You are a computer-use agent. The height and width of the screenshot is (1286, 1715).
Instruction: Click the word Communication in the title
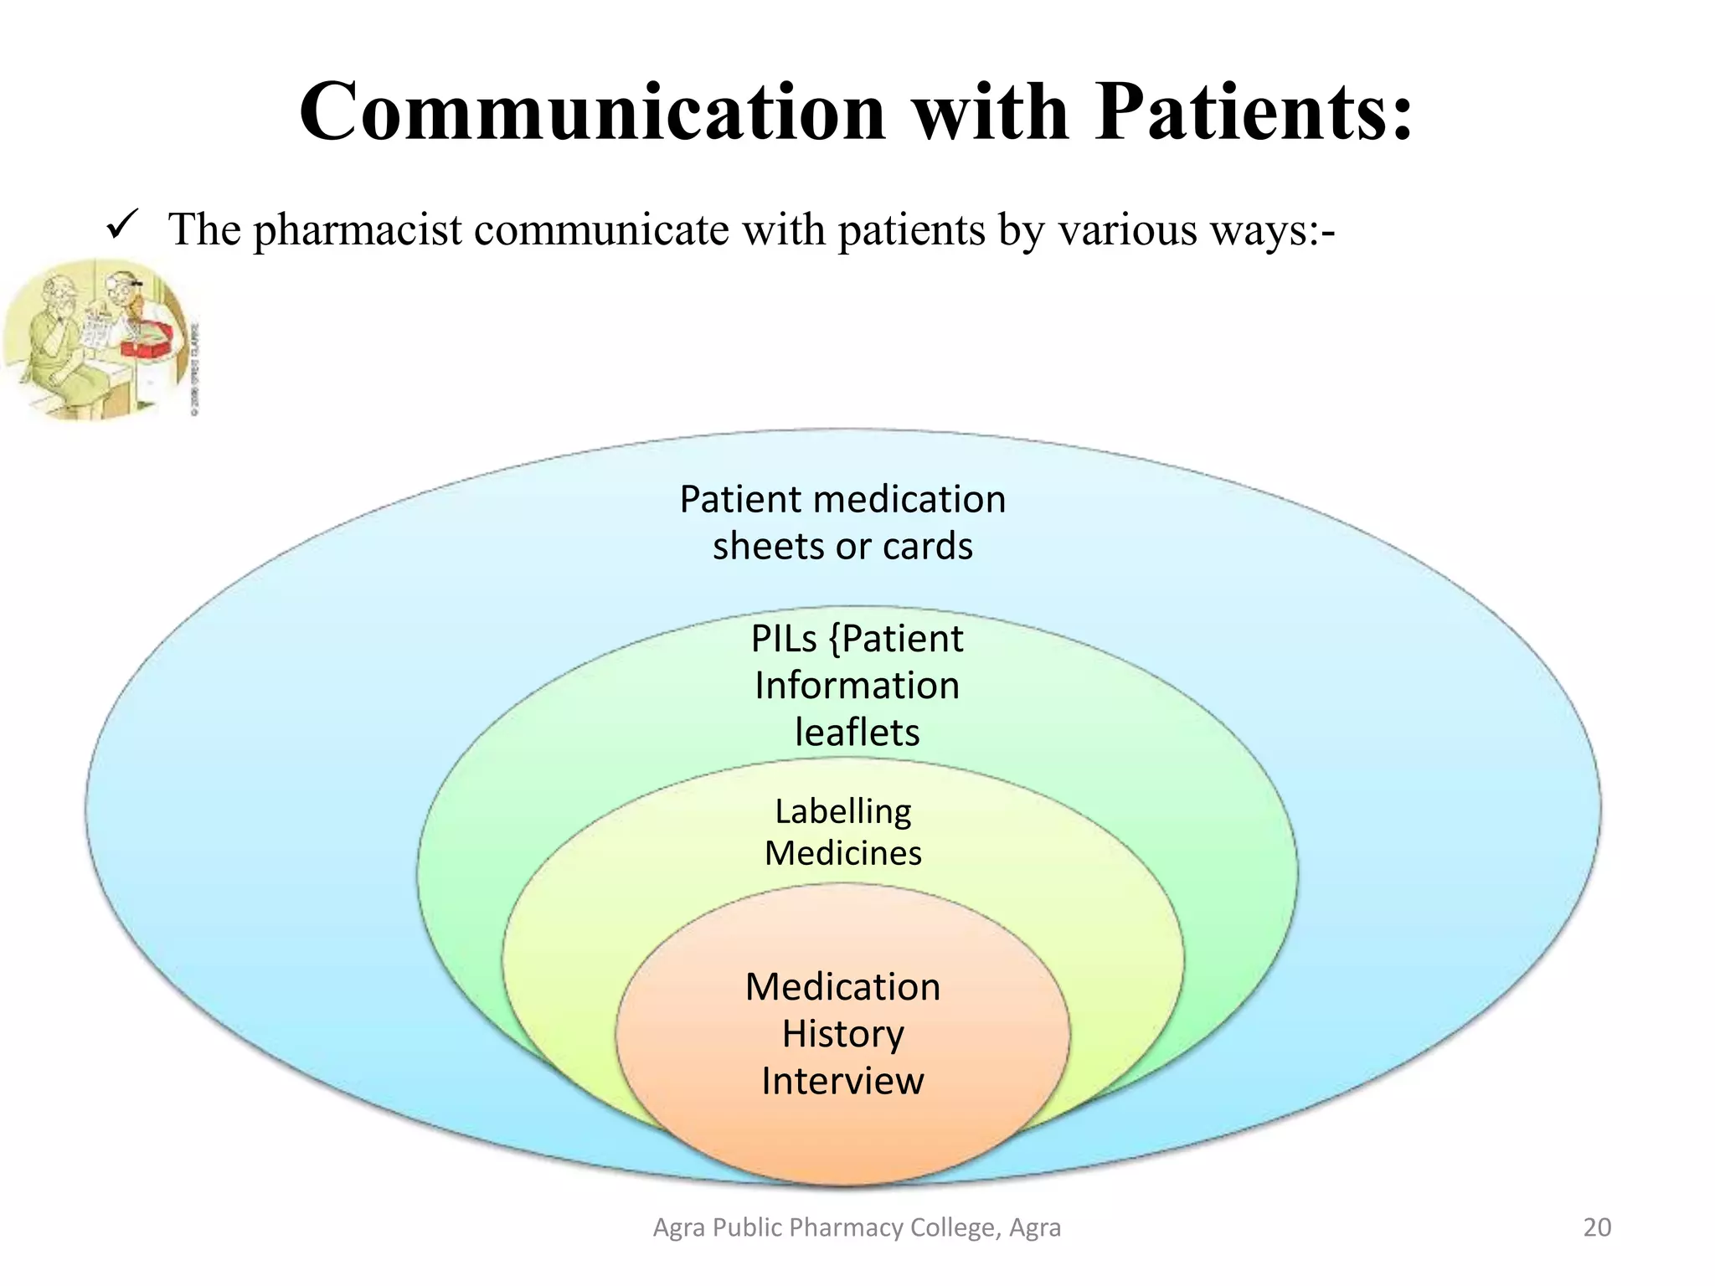591,113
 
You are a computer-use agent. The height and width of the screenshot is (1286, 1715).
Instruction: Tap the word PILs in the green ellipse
783,640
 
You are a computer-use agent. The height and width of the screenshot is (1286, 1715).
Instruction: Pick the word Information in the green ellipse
856,686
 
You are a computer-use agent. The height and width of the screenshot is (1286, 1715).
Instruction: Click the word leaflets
856,733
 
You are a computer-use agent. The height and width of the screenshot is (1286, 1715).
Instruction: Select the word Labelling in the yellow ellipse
842,811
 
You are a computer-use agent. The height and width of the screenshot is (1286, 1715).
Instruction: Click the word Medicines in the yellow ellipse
842,854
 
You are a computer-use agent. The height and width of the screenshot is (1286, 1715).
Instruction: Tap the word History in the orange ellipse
842,1035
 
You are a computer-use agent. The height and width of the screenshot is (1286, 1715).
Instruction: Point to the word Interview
842,1081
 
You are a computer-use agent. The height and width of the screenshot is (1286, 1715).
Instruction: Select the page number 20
1596,1227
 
